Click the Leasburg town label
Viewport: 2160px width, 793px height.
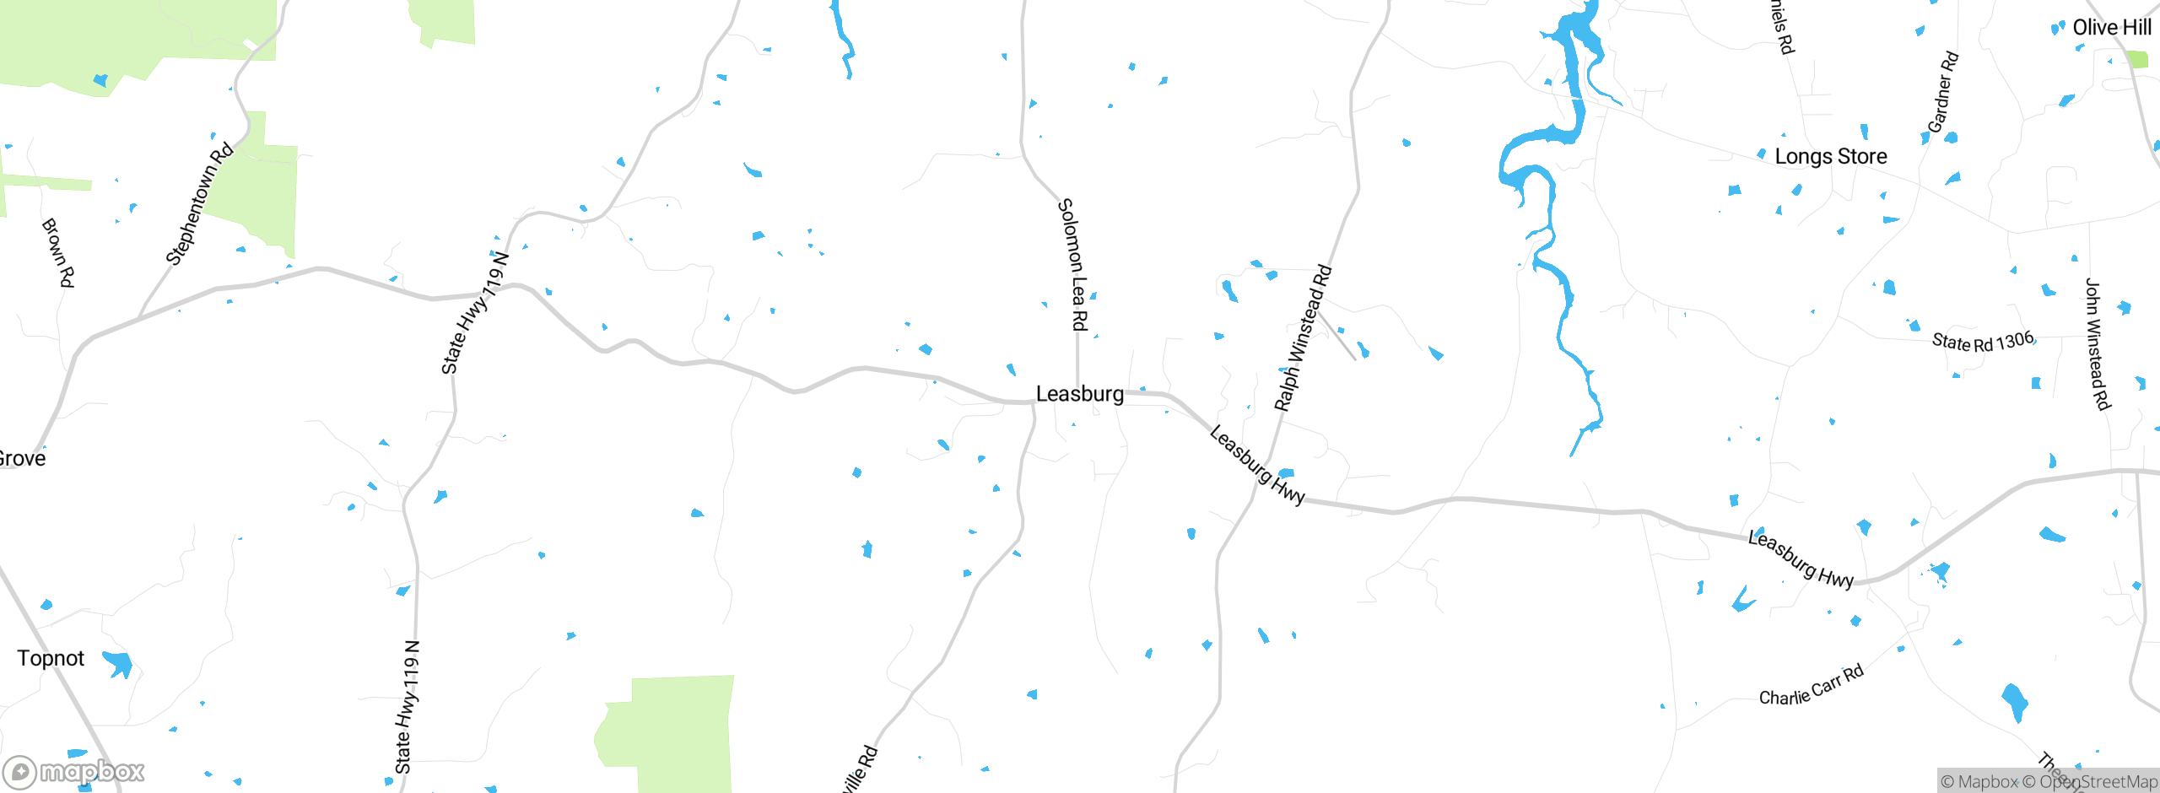[1079, 394]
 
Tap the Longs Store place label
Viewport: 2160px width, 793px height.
[1830, 157]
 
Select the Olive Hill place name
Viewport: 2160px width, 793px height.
[2111, 28]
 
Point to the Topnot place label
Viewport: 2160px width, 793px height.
[51, 659]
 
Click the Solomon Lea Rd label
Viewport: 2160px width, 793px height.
[1073, 264]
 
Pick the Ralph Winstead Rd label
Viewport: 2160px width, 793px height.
[1303, 338]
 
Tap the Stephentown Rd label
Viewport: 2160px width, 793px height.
[199, 204]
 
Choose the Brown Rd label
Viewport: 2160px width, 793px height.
[58, 252]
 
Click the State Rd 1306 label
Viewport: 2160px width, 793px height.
[1983, 342]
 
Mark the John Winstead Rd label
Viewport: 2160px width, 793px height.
[2097, 344]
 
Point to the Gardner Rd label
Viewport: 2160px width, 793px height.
[1942, 93]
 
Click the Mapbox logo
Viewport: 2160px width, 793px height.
[74, 772]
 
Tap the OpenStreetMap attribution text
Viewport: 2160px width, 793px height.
[2098, 782]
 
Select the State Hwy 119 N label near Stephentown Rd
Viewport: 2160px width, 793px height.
[475, 313]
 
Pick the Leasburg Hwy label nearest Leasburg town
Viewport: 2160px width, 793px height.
[1256, 466]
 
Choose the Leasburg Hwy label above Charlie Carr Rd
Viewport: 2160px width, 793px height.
[1800, 558]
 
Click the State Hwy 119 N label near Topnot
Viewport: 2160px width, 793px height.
[408, 707]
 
